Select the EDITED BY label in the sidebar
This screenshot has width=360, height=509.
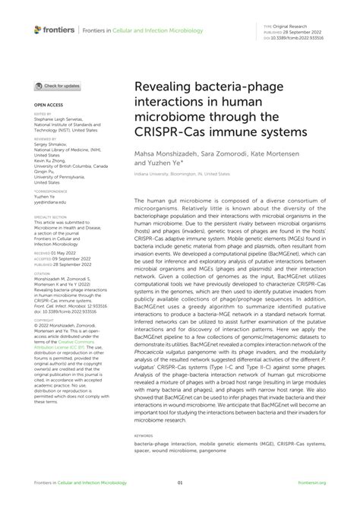(42, 113)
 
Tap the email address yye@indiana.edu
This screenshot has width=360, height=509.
(50, 202)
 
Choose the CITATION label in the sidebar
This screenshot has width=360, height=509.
(42, 273)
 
